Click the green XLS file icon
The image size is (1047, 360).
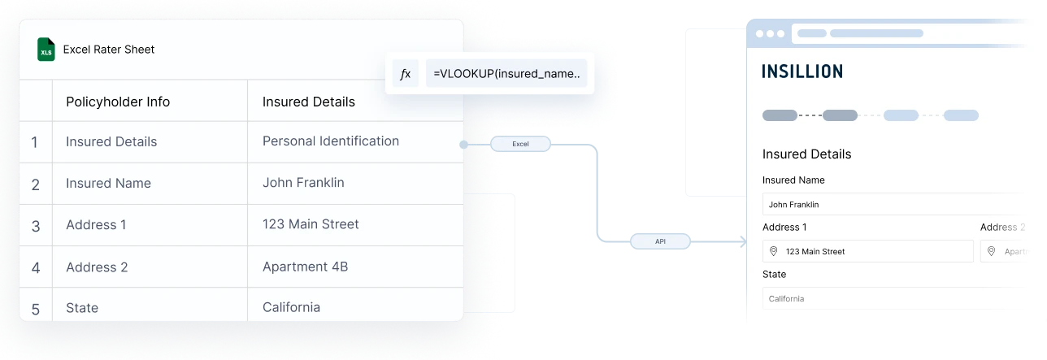coord(46,50)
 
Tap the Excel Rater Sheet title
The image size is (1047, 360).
coord(108,50)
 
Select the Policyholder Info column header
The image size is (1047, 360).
coord(118,102)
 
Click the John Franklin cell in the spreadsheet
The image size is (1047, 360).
coord(303,183)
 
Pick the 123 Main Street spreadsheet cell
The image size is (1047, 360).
coord(311,224)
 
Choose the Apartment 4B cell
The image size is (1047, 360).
coord(305,267)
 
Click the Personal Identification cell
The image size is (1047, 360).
coord(330,141)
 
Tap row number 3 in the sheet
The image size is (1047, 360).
coord(35,226)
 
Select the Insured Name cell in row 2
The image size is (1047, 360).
coord(108,184)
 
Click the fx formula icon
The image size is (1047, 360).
coord(405,74)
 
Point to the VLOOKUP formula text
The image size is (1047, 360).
coord(507,74)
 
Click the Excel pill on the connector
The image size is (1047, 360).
coord(520,144)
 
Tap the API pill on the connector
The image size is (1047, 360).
coord(660,241)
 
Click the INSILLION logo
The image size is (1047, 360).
coord(802,72)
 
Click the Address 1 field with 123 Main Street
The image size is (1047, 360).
coord(867,252)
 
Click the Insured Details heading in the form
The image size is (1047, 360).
coord(806,154)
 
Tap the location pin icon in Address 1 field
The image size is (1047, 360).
coord(774,252)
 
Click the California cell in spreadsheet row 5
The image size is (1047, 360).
coord(291,307)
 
